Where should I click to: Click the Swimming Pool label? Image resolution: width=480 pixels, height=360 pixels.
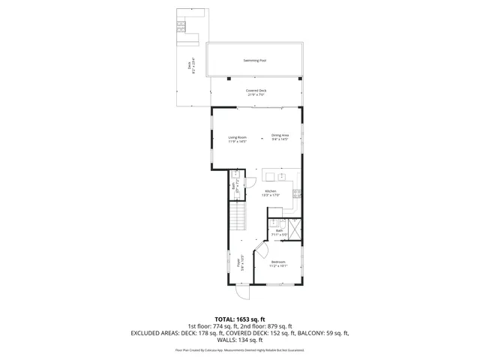coord(256,60)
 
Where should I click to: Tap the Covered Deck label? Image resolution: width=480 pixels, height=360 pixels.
coord(256,90)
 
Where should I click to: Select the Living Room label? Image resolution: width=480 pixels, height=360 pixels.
coord(238,136)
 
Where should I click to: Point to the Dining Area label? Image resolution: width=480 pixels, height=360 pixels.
coord(280,136)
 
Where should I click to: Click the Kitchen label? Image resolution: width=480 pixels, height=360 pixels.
coord(271,191)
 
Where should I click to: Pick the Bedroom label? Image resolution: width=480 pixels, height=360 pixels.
coord(278,262)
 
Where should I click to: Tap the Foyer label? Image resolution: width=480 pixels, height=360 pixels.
coord(239,262)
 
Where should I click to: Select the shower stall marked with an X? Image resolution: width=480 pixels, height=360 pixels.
coord(293,227)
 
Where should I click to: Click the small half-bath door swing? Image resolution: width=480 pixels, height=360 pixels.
coord(251,181)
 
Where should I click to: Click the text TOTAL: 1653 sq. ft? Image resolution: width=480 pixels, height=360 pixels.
coord(240,319)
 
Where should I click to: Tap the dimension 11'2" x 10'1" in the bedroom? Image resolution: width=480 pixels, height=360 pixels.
coord(278,266)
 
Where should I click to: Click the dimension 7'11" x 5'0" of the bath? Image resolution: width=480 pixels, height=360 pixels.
coord(279,235)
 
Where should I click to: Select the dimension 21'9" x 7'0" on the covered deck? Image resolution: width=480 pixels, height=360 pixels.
coord(256,94)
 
